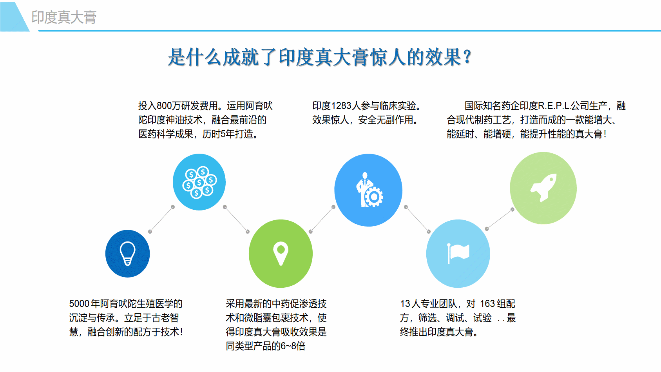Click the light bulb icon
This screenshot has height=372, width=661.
[127, 254]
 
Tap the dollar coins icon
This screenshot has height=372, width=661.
[199, 182]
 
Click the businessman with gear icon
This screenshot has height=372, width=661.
[369, 190]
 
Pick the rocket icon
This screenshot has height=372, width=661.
[543, 187]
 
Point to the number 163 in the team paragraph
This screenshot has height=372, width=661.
[487, 303]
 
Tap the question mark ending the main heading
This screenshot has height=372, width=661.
[467, 57]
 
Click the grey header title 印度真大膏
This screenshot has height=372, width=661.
[64, 17]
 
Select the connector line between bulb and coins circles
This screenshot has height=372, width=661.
[161, 220]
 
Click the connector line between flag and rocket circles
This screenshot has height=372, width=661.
[500, 219]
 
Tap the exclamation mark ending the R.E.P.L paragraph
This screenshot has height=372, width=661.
[605, 134]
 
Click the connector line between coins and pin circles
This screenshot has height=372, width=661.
[236, 219]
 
